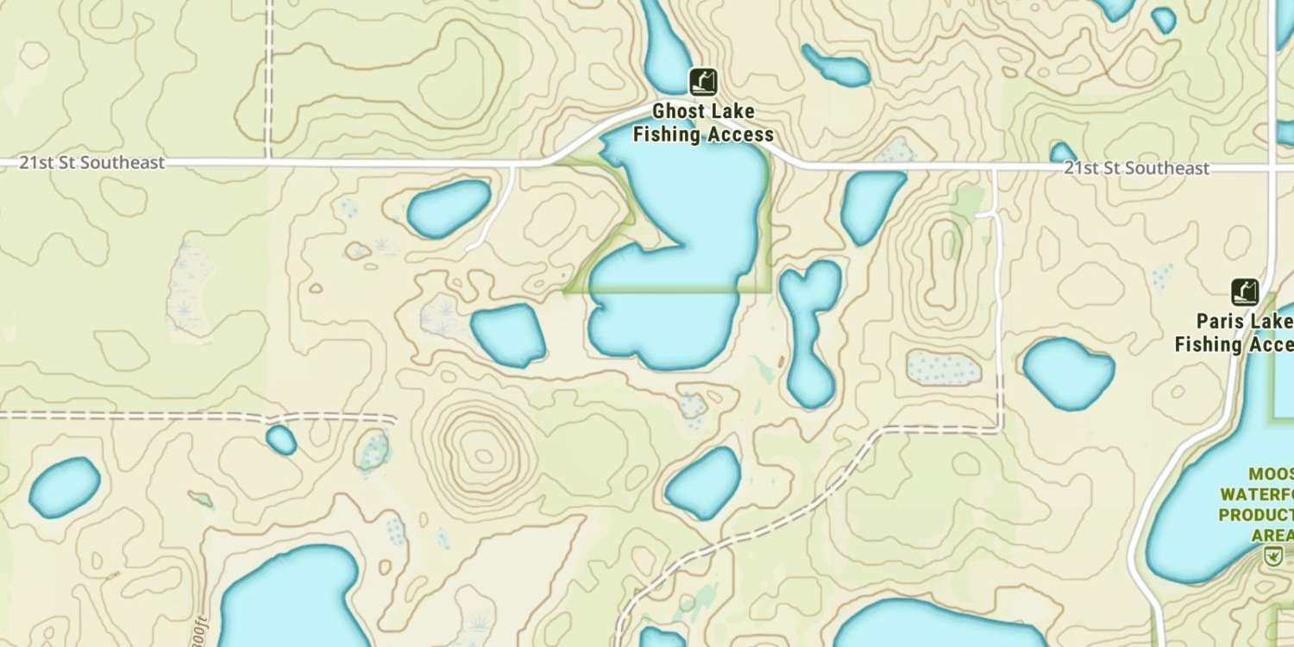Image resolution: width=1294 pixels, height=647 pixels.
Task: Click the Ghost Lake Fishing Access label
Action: point(703,122)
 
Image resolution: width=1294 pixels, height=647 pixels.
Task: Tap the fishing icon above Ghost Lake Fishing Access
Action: point(703,82)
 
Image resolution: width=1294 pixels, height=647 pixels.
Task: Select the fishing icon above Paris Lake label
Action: point(1244,292)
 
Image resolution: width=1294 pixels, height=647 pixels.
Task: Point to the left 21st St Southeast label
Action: point(92,162)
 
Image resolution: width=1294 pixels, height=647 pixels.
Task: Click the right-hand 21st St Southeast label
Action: point(1136,168)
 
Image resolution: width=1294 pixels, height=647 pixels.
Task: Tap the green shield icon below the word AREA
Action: point(1272,556)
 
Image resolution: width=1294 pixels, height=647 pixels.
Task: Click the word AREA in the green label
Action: point(1272,536)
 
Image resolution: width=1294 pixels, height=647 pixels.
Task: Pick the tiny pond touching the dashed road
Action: point(280,439)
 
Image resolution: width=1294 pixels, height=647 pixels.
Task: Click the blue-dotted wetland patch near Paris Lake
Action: point(943,368)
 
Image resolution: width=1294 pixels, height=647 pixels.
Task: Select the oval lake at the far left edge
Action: point(65,487)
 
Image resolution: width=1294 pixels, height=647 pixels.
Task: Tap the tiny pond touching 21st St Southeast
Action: point(1063,154)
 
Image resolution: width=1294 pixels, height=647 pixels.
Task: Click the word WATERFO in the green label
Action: point(1258,494)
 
